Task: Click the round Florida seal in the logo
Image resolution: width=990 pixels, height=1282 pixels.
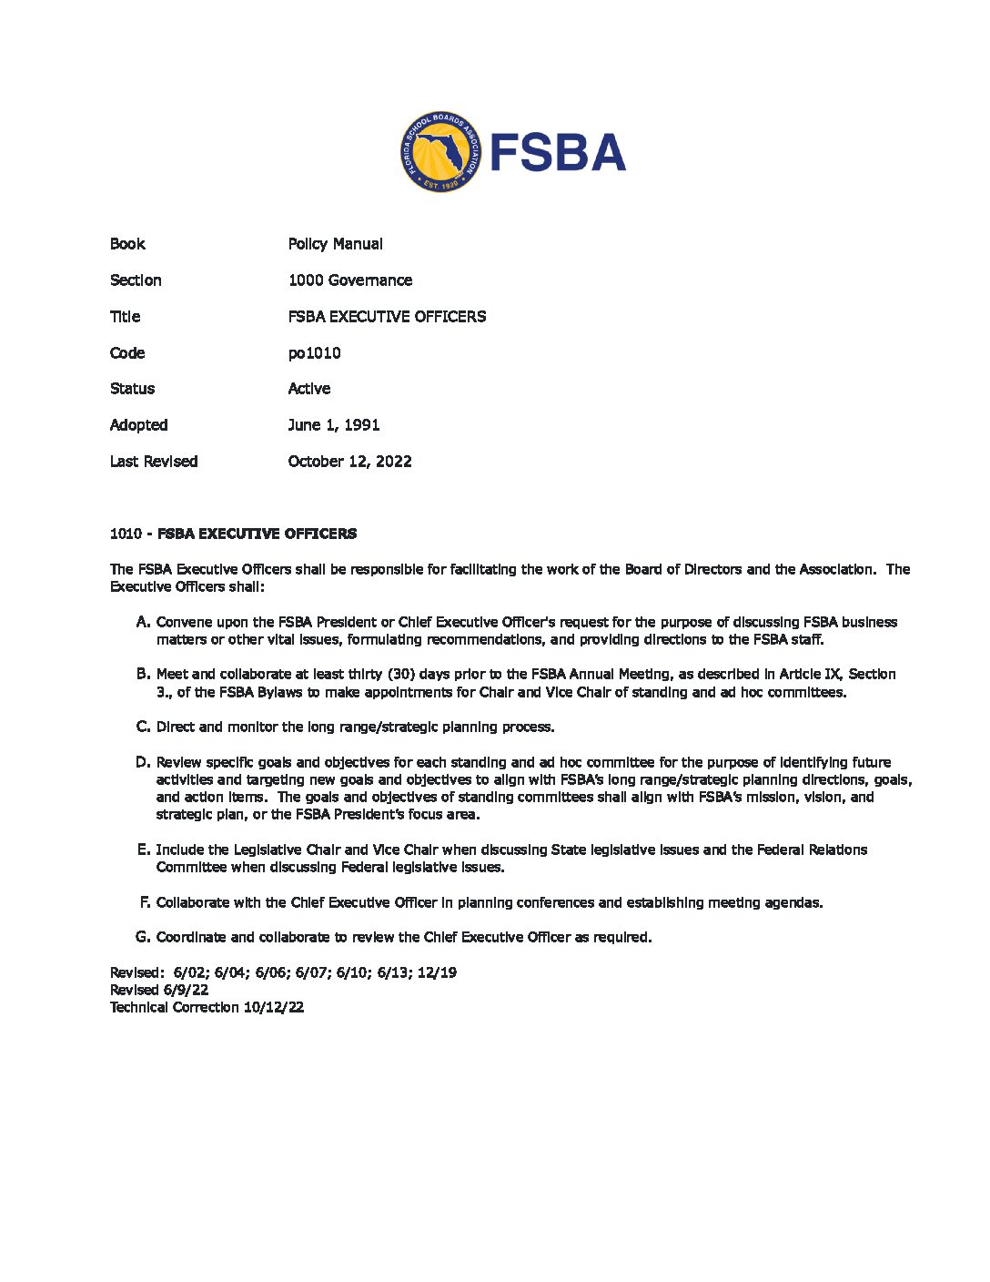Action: [x=439, y=152]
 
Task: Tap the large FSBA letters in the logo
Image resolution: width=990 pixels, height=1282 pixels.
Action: [x=558, y=152]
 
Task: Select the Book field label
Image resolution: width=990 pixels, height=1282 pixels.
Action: [x=127, y=244]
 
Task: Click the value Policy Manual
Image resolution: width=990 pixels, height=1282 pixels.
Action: [x=335, y=244]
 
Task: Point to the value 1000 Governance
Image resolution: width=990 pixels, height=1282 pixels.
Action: [x=349, y=280]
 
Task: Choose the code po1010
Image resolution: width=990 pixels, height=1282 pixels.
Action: [x=314, y=353]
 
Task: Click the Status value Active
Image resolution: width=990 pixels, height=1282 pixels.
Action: [x=308, y=389]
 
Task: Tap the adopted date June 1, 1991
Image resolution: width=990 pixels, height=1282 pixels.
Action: [x=333, y=425]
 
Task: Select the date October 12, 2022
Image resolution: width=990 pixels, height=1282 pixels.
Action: [x=349, y=462]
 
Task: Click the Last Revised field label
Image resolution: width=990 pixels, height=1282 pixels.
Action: [x=153, y=462]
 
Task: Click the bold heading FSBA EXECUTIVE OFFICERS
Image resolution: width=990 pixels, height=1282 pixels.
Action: [x=257, y=534]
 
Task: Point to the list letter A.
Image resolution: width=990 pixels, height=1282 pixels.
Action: [x=143, y=622]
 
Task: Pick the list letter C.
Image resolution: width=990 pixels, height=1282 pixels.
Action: [x=143, y=727]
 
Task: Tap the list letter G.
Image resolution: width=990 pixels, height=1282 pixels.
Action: [x=143, y=937]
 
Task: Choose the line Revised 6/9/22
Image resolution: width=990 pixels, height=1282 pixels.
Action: [x=159, y=990]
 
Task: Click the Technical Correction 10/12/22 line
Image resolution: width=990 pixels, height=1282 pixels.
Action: [x=207, y=1007]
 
